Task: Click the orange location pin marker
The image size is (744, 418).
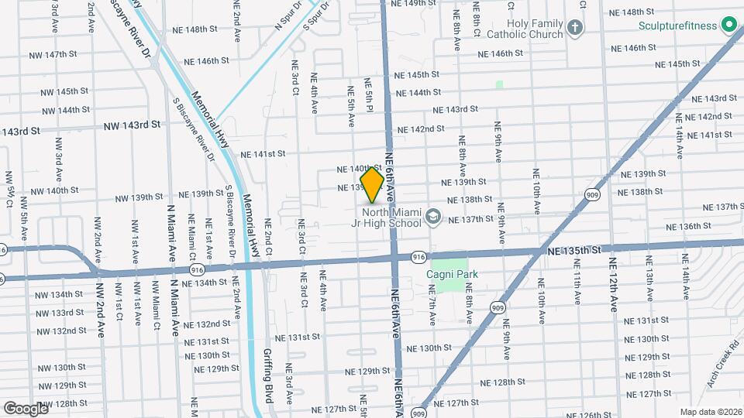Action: point(372,184)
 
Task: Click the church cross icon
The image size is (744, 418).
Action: point(574,29)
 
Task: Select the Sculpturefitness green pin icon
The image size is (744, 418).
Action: point(728,26)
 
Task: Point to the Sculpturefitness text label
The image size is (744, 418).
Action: point(678,26)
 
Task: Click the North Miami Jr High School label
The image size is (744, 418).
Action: point(394,218)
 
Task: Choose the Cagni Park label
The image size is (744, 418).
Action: point(452,274)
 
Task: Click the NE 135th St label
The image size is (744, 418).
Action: point(573,251)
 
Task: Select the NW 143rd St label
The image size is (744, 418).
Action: point(133,124)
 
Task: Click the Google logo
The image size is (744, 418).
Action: point(26,408)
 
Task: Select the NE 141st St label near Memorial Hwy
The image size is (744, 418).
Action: point(263,154)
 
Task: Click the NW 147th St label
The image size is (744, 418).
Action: point(68,55)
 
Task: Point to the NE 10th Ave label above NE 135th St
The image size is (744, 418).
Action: point(537,190)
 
